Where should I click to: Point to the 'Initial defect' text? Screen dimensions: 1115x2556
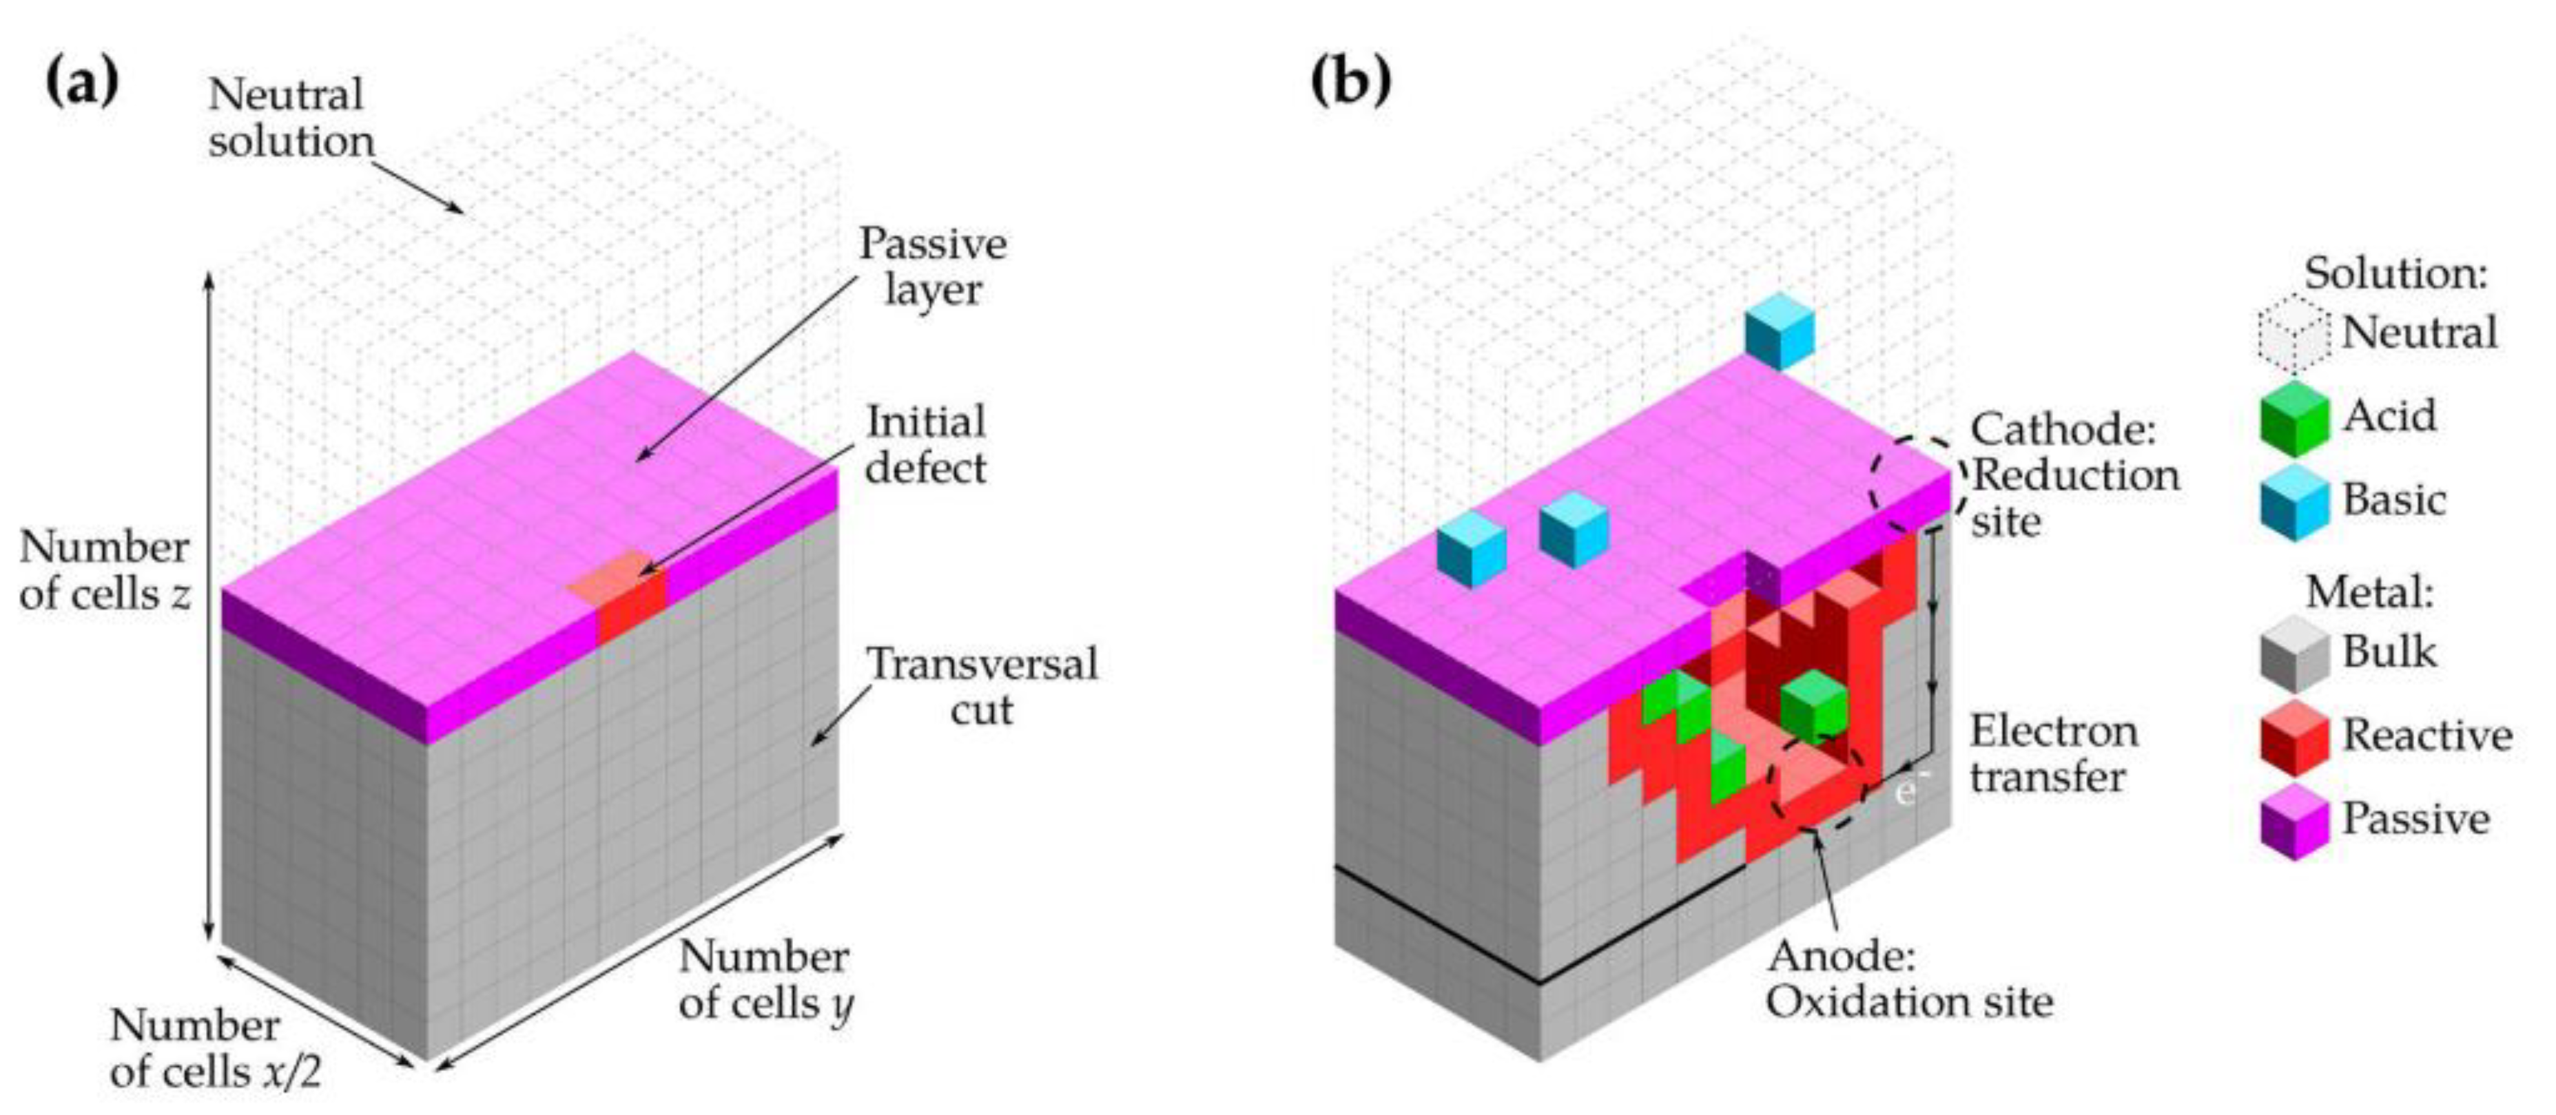(926, 444)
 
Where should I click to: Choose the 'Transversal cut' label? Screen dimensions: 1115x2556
(982, 687)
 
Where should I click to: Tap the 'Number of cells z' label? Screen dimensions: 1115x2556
(104, 570)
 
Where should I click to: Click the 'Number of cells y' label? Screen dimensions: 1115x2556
(765, 980)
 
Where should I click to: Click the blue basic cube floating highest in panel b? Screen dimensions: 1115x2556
(1779, 331)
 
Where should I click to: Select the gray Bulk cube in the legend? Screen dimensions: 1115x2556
(2294, 655)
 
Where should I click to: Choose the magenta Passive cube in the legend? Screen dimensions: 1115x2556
(2294, 822)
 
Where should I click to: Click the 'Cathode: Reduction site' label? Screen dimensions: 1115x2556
(2074, 475)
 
